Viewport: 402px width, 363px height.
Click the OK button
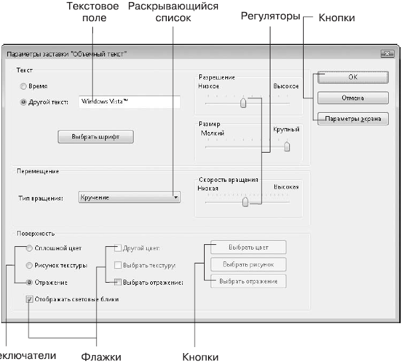352,78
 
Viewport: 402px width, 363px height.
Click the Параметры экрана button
352,119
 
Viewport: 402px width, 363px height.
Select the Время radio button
24,86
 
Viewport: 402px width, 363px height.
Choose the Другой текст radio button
24,102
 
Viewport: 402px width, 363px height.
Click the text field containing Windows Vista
129,102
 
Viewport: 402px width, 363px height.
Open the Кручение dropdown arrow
175,197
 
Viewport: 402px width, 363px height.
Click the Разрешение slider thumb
243,102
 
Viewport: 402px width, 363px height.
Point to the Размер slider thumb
287,147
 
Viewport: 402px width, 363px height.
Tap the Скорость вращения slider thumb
245,202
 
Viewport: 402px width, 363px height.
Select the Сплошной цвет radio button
29,248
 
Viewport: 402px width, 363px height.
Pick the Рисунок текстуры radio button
29,265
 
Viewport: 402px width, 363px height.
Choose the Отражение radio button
29,281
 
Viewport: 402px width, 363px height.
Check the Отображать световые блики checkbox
29,299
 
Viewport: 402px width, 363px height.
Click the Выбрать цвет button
249,248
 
